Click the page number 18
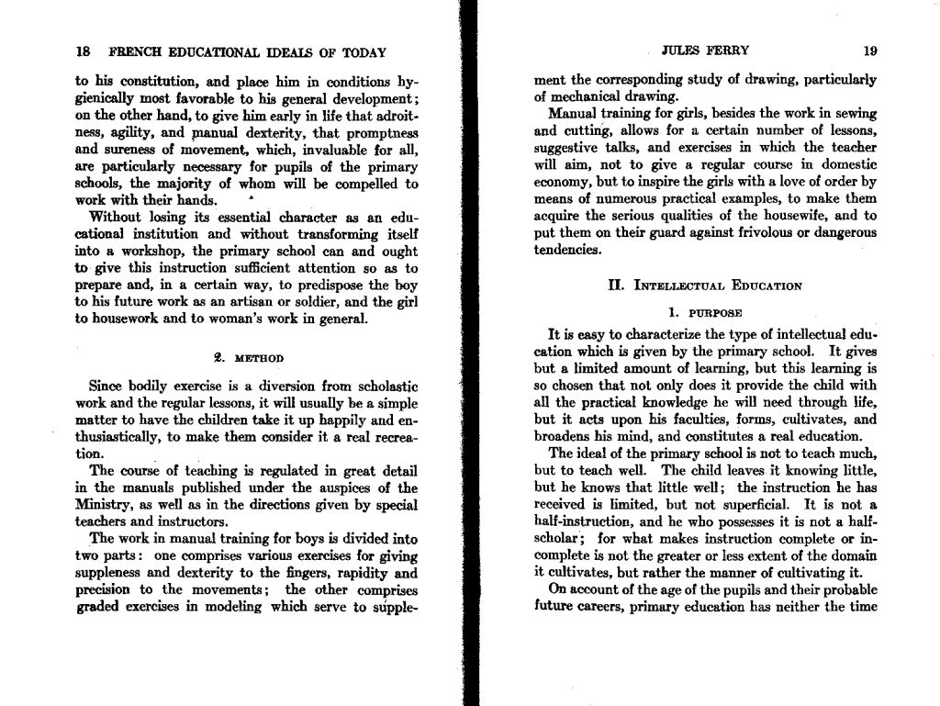click(83, 52)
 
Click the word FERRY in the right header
click(730, 50)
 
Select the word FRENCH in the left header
click(135, 52)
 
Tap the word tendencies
click(568, 251)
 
